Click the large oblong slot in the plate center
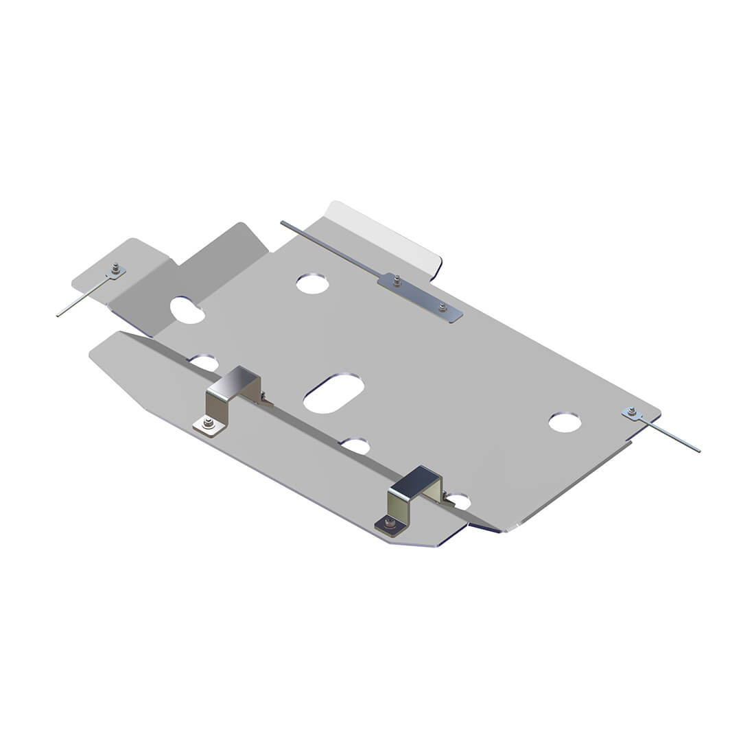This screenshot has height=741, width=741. (333, 394)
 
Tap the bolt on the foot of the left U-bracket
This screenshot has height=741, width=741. (209, 424)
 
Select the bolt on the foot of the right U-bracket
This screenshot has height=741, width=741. (390, 523)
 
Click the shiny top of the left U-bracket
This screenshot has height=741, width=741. (236, 381)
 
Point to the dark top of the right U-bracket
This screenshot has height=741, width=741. (416, 480)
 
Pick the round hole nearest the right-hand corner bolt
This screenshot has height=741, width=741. (565, 422)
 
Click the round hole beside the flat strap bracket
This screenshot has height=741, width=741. (312, 283)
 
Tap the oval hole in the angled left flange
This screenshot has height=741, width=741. (187, 310)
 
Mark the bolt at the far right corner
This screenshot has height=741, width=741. (632, 412)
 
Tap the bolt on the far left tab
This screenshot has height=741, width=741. (116, 269)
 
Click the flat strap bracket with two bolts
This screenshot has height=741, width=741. (420, 297)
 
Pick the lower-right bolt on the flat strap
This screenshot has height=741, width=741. (443, 307)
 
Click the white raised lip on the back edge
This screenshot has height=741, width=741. (384, 233)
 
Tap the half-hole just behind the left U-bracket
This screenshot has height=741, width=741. (204, 362)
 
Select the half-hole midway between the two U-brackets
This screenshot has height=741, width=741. (356, 446)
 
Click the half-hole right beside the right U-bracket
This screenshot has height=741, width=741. (458, 501)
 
